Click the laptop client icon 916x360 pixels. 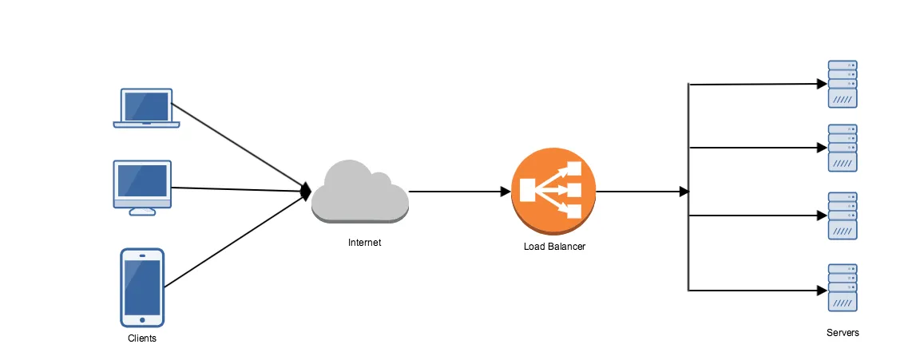(146, 108)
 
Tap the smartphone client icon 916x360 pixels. (142, 287)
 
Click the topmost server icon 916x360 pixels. (842, 84)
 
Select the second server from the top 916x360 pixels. (842, 148)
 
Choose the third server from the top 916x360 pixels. (842, 216)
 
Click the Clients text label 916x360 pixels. (142, 338)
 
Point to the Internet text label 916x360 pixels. (364, 243)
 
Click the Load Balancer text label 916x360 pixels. (553, 247)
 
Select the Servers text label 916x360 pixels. (843, 333)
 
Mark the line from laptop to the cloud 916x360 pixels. (240, 145)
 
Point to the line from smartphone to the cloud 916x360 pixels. (236, 239)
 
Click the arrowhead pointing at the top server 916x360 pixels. (821, 83)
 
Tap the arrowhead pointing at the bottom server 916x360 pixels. (821, 291)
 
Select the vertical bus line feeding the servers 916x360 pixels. (688, 239)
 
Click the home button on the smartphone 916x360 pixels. (142, 319)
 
